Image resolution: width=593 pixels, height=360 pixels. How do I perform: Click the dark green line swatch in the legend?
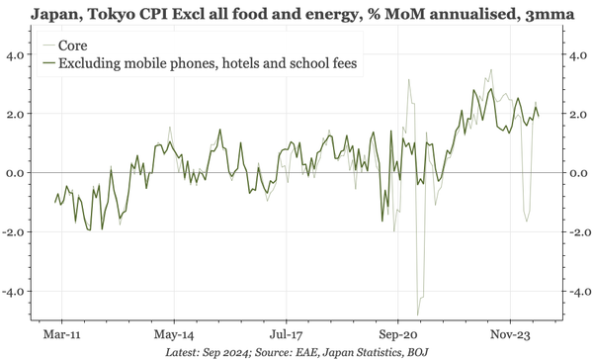[x=47, y=63]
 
